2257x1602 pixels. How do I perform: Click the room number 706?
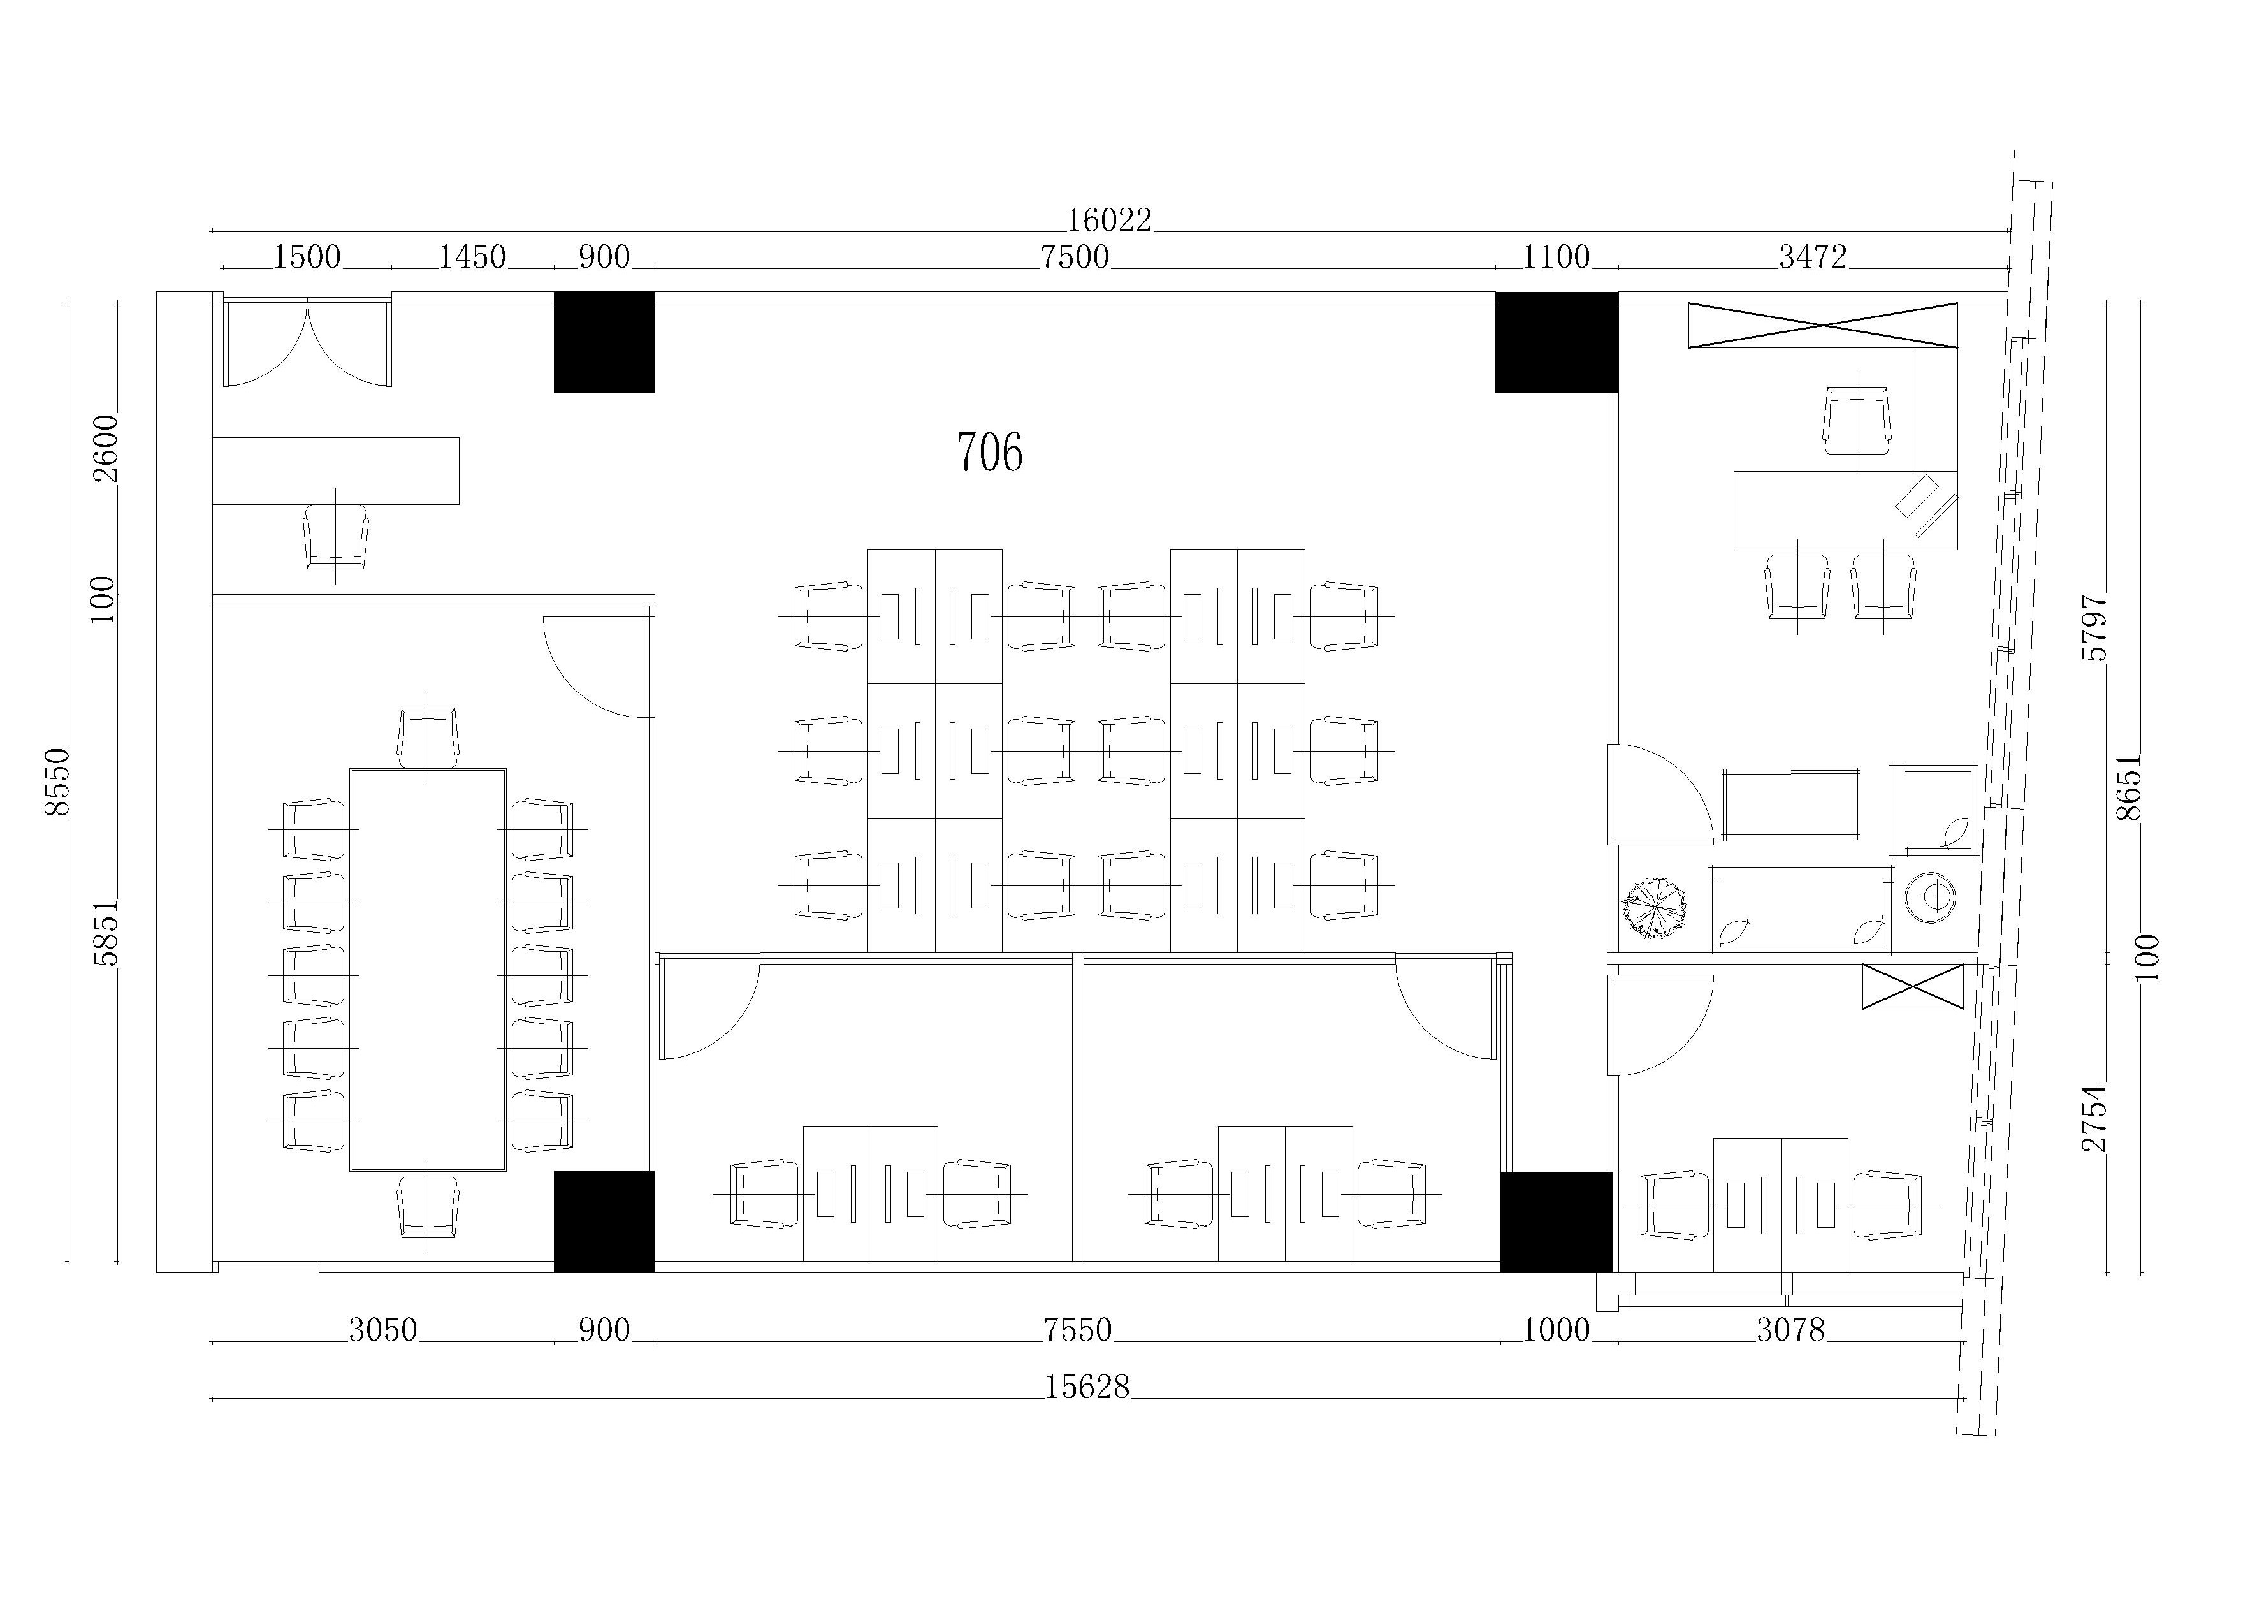pyautogui.click(x=990, y=453)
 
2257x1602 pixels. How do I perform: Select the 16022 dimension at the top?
pyautogui.click(x=1109, y=220)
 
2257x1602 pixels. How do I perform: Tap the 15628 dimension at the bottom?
pyautogui.click(x=1087, y=1387)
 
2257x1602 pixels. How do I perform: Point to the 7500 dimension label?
pyautogui.click(x=1075, y=258)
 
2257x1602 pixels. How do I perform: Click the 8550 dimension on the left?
pyautogui.click(x=58, y=782)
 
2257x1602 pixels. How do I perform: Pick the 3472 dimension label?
pyautogui.click(x=1812, y=258)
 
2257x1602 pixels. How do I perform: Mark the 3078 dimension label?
pyautogui.click(x=1790, y=1330)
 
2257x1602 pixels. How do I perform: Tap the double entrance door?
pyautogui.click(x=308, y=342)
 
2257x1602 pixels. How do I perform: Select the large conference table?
pyautogui.click(x=428, y=970)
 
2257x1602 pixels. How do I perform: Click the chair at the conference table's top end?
pyautogui.click(x=428, y=737)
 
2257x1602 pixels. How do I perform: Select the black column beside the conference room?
pyautogui.click(x=604, y=1221)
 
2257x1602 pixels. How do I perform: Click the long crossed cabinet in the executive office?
pyautogui.click(x=1823, y=324)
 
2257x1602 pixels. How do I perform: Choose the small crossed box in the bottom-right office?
pyautogui.click(x=1913, y=986)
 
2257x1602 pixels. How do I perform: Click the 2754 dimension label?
pyautogui.click(x=2095, y=1118)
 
